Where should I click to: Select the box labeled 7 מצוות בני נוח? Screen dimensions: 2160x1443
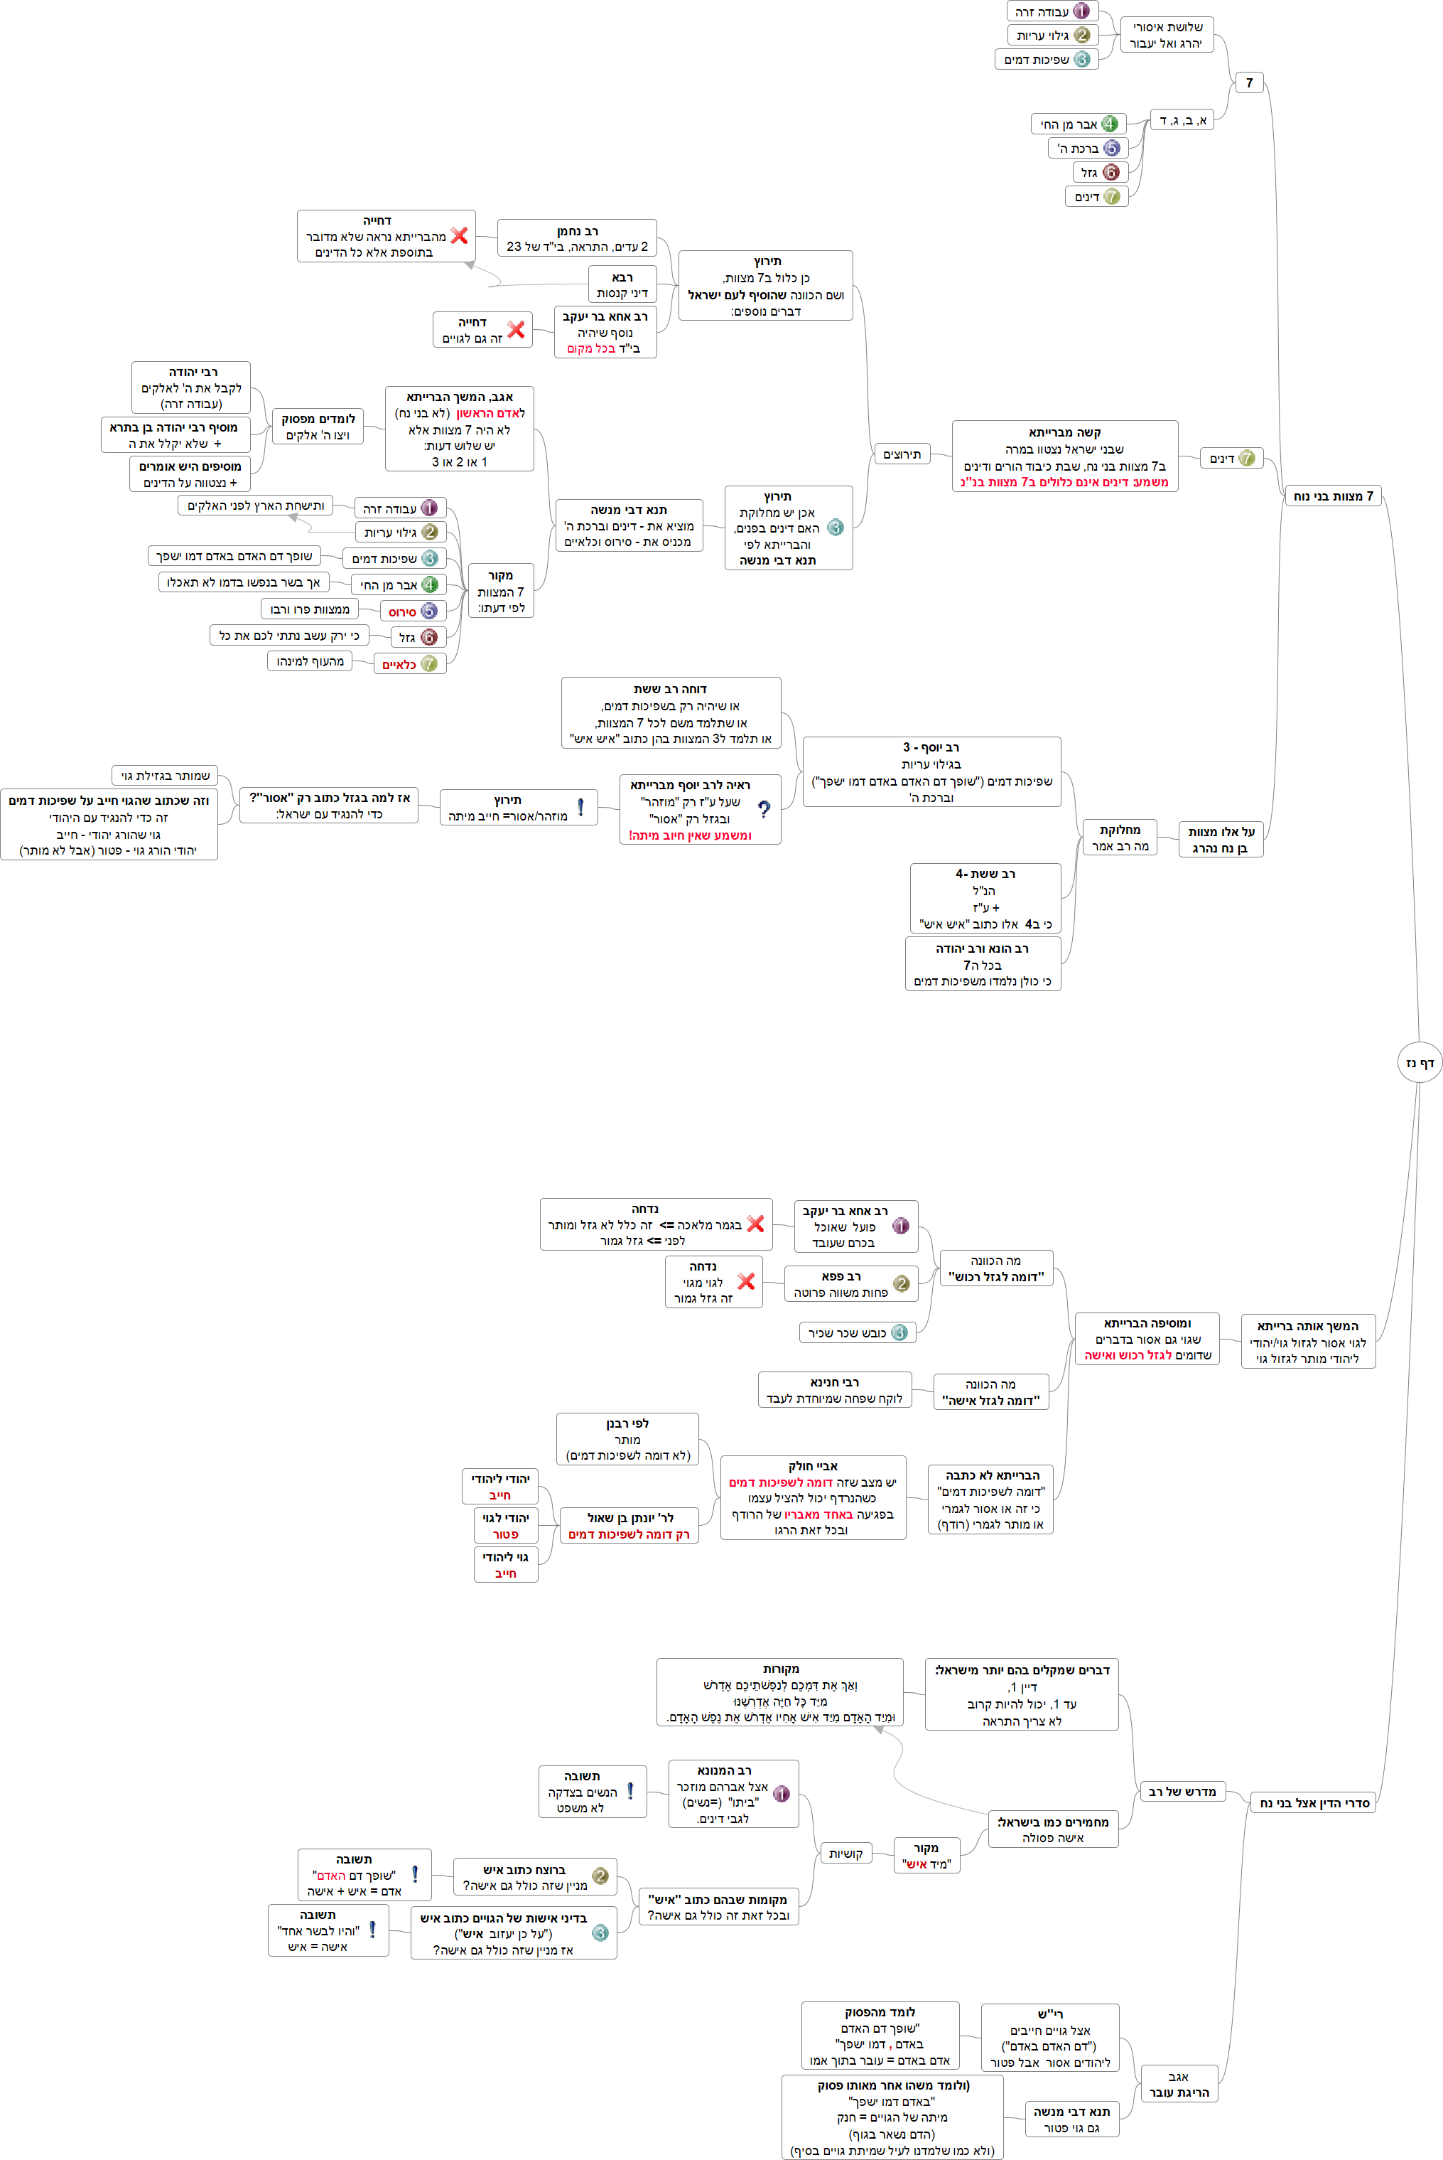pyautogui.click(x=1333, y=496)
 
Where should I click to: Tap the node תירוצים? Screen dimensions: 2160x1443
pyautogui.click(x=902, y=454)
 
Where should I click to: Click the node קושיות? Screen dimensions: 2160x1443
pyautogui.click(x=845, y=1854)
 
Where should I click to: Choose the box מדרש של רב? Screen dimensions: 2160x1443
pyautogui.click(x=1182, y=1791)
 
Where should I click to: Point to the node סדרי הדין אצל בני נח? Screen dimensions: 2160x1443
pyautogui.click(x=1313, y=1803)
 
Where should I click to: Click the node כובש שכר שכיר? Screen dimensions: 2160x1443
pyautogui.click(x=857, y=1332)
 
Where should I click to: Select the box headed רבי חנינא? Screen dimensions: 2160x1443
pyautogui.click(x=835, y=1390)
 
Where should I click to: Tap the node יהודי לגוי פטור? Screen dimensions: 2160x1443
pyautogui.click(x=505, y=1526)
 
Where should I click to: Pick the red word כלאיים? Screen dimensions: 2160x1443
pyautogui.click(x=399, y=665)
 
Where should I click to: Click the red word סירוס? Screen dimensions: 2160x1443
pyautogui.click(x=402, y=611)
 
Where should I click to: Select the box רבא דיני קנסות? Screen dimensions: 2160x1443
pyautogui.click(x=622, y=284)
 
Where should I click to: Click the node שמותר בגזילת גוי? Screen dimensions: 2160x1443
pyautogui.click(x=165, y=775)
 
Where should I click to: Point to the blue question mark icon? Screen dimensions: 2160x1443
pyautogui.click(x=764, y=809)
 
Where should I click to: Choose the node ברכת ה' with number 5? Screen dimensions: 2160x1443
pyautogui.click(x=1088, y=148)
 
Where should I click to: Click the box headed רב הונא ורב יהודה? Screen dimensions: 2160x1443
pyautogui.click(x=982, y=964)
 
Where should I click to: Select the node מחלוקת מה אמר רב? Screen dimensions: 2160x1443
pyautogui.click(x=1120, y=838)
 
